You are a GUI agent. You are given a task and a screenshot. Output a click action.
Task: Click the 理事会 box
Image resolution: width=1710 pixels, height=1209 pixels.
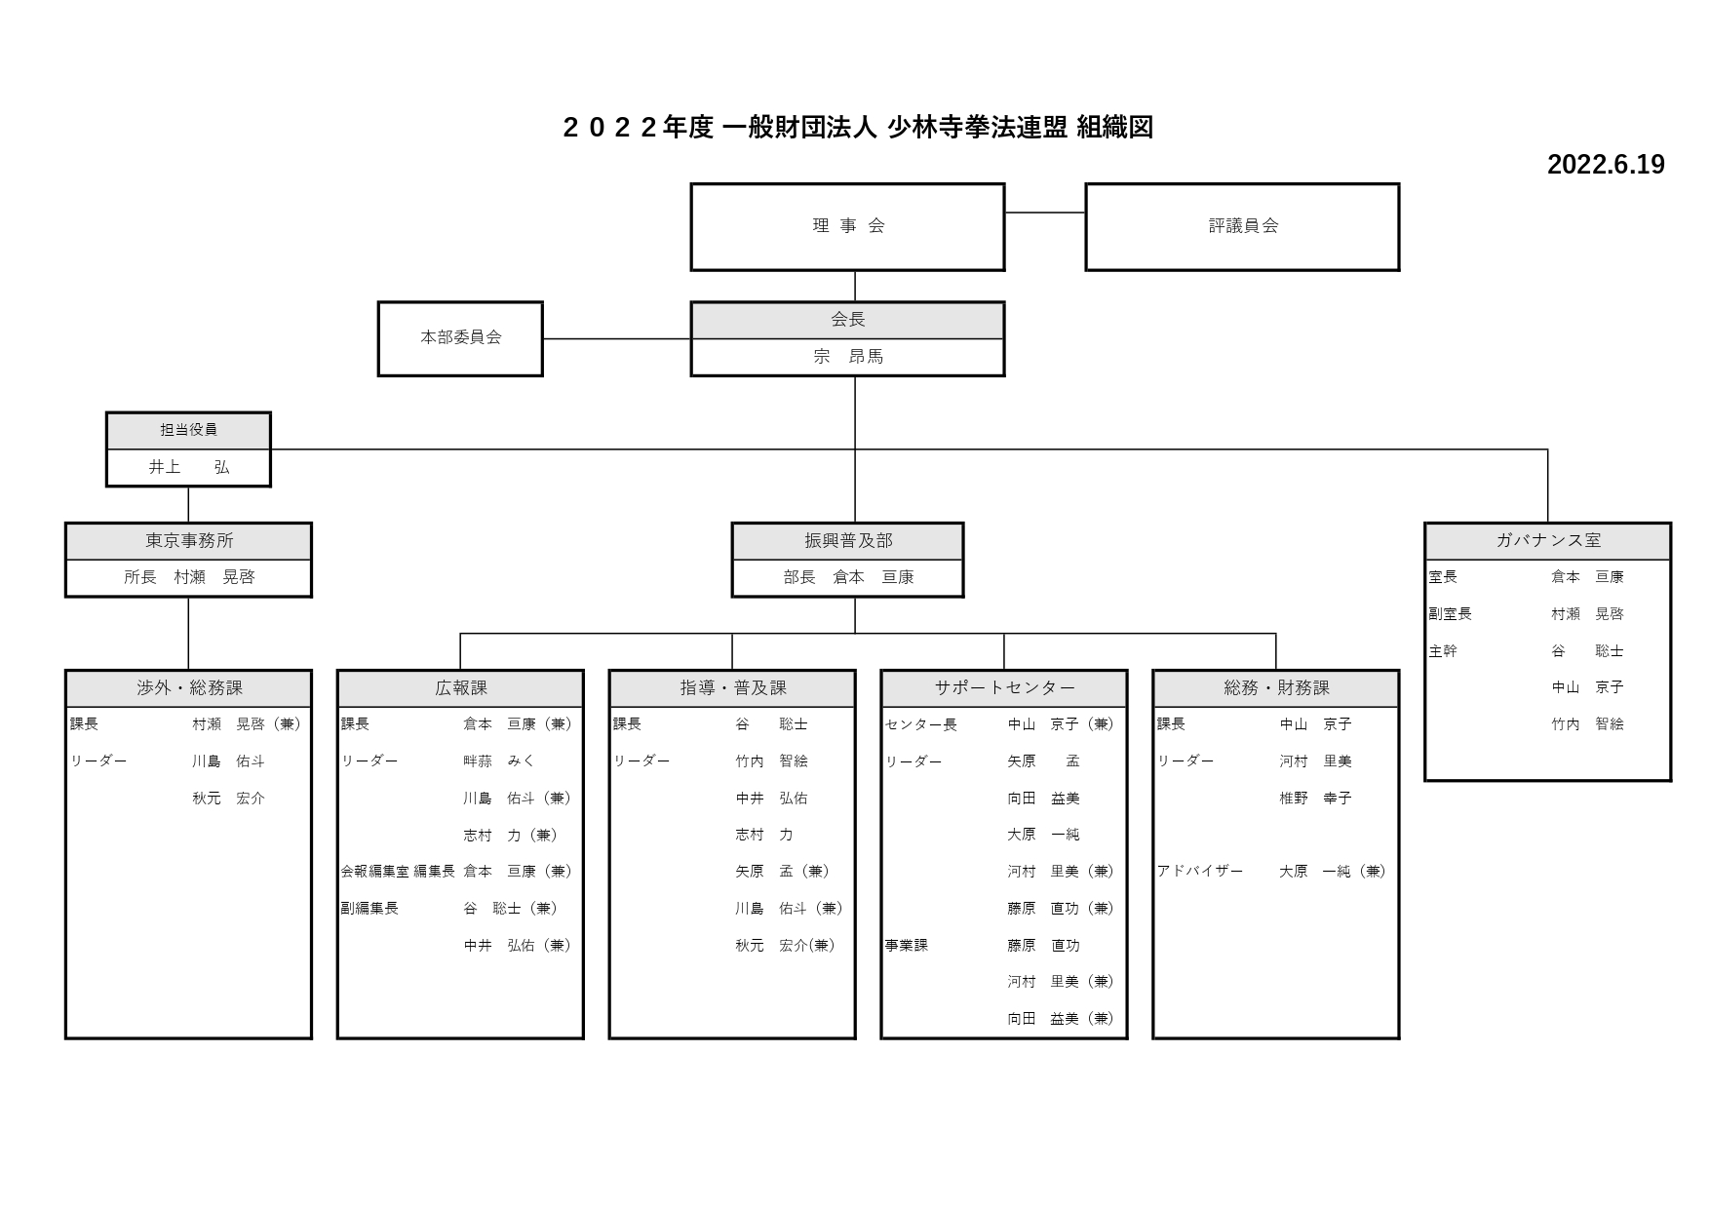(x=847, y=226)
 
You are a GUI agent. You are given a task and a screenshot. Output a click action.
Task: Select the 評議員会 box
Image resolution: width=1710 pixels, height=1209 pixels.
(x=1242, y=226)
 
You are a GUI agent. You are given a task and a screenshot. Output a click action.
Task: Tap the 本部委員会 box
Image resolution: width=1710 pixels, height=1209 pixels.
(x=460, y=338)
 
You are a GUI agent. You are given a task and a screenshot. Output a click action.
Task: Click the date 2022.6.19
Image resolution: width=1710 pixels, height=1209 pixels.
(x=1605, y=165)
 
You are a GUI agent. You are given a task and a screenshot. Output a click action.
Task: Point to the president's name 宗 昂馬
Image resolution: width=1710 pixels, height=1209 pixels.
(x=847, y=357)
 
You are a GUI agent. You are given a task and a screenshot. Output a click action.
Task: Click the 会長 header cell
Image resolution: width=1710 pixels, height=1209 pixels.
(x=847, y=320)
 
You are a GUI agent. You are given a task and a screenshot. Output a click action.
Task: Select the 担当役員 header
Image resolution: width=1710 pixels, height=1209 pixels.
(x=188, y=430)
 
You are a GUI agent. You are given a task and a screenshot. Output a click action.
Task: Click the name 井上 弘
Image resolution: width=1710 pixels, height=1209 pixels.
(x=188, y=468)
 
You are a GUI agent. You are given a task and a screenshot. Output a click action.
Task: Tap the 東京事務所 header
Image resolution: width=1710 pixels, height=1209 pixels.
(x=188, y=541)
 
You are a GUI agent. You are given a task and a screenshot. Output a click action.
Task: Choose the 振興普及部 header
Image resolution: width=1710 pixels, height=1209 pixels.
(x=847, y=541)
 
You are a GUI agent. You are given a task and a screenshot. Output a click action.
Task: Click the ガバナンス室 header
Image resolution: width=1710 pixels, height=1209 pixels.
(x=1547, y=541)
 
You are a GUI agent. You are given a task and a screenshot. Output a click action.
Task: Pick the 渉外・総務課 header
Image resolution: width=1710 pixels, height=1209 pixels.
(x=188, y=688)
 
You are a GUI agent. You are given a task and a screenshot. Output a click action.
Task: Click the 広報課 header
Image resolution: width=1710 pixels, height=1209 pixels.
(x=460, y=688)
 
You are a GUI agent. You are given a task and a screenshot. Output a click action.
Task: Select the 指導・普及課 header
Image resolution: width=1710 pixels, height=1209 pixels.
(x=732, y=688)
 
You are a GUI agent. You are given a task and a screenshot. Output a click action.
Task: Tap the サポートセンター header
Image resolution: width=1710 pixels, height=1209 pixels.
(x=1004, y=688)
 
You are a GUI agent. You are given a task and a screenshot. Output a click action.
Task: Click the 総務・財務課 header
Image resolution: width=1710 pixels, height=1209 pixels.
(x=1276, y=688)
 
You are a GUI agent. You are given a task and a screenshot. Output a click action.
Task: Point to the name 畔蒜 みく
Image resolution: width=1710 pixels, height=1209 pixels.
(x=498, y=761)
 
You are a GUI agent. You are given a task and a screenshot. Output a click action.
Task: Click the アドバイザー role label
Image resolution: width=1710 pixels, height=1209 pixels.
(x=1199, y=872)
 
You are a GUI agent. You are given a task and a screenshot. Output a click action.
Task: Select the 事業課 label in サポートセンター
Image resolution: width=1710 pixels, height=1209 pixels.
(x=906, y=946)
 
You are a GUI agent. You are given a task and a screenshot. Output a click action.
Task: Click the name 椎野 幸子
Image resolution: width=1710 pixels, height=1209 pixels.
(x=1315, y=799)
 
